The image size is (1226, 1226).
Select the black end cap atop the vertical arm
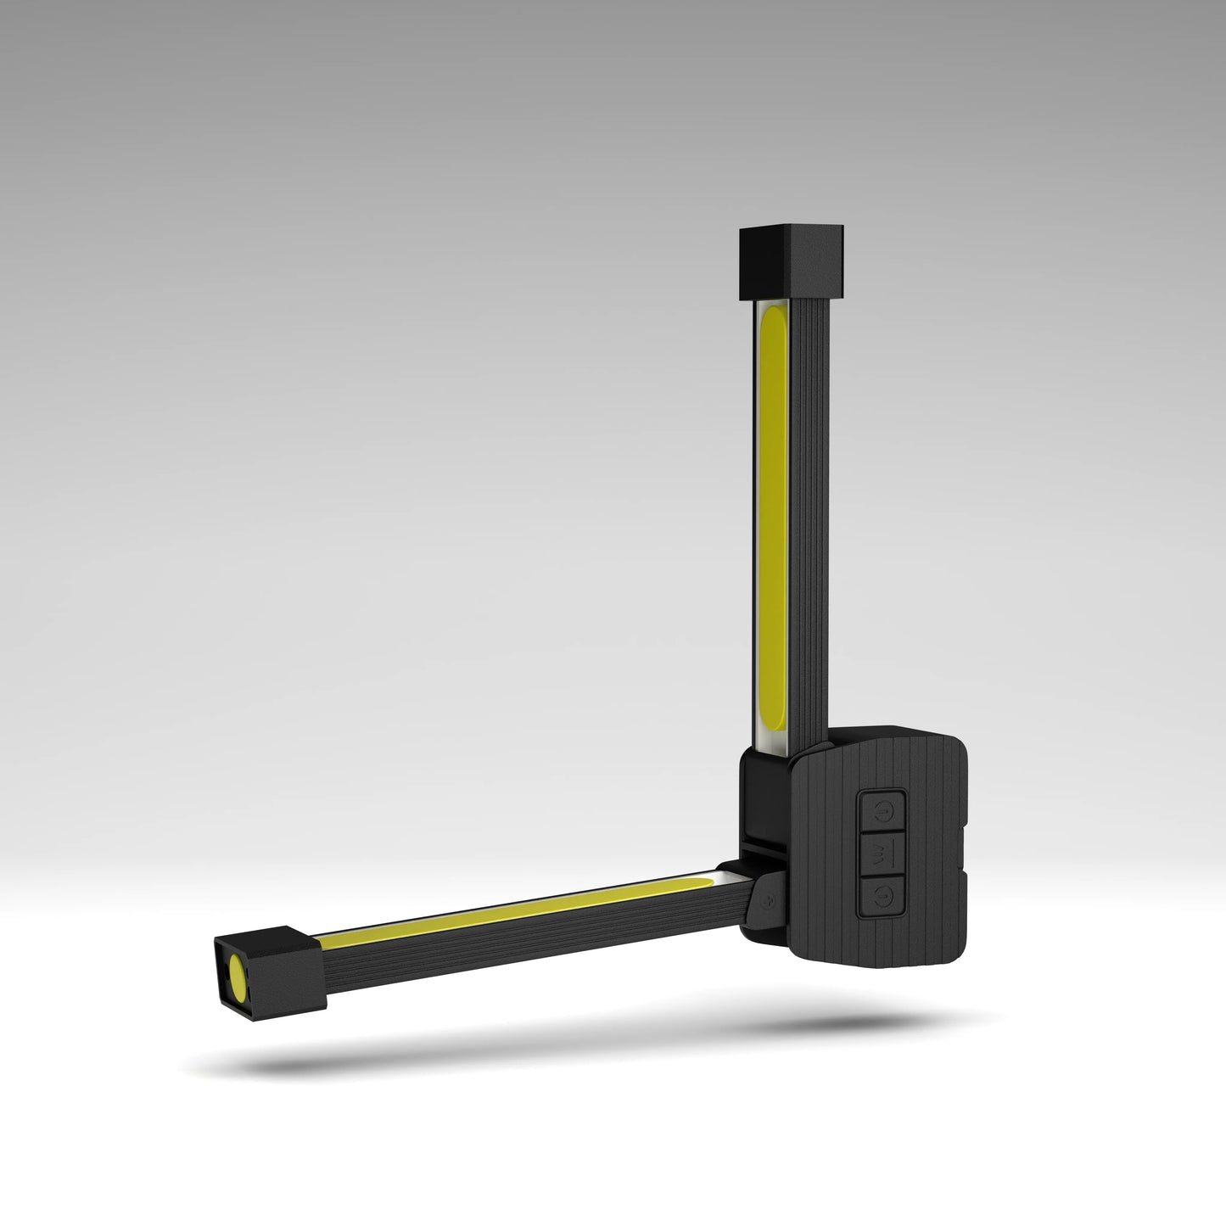(790, 262)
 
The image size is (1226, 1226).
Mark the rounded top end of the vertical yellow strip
(775, 317)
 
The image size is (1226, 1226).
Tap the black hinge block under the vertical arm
(764, 793)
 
